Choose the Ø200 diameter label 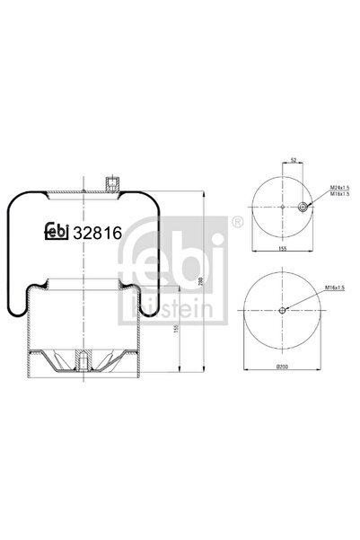tap(282, 367)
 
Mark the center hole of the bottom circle tap(283, 311)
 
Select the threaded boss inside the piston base tap(81, 359)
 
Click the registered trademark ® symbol tap(236, 221)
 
